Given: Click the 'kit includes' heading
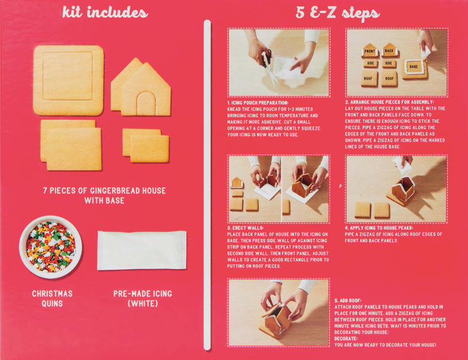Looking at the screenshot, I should tap(105, 13).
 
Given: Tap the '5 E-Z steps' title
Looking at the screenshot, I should tap(340, 13).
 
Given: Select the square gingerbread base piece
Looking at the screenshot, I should tap(68, 80).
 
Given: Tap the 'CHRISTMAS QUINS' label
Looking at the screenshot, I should tap(52, 298).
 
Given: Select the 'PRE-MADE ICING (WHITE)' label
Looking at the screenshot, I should tap(142, 298).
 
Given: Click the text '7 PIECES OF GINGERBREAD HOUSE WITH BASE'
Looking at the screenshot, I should tap(104, 195).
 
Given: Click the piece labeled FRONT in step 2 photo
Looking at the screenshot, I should tap(370, 52).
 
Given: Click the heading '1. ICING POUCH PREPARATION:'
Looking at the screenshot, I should tap(258, 102).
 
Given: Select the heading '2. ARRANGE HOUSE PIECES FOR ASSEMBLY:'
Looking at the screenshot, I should tap(390, 102).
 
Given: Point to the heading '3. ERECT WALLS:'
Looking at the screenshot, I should tap(246, 228).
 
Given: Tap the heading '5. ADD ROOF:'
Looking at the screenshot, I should tap(348, 300).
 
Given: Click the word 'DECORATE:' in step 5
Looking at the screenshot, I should tap(346, 339).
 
